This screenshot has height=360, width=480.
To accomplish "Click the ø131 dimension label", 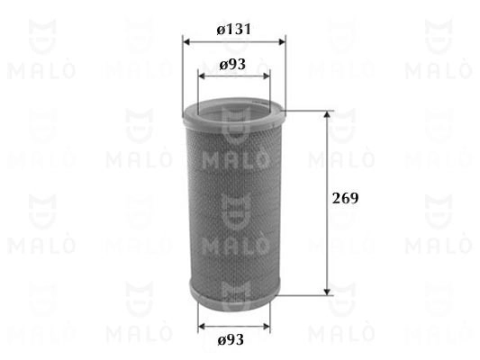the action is coord(234,30).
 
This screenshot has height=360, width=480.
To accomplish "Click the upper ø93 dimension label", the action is coord(232,64).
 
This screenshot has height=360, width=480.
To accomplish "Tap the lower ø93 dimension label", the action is coord(231,340).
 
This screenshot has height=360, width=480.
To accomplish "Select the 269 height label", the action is coord(345,198).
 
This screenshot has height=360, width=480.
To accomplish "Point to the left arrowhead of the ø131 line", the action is coord(186,41).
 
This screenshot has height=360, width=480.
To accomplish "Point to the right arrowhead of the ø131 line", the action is coord(281,41).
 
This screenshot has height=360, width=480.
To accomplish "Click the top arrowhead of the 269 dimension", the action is coord(328,114).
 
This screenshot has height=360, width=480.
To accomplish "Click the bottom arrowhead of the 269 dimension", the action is coord(328,292).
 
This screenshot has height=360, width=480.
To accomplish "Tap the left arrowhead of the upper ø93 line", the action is coord(202,76).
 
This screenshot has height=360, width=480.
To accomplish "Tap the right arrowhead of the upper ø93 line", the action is coord(267,76).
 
